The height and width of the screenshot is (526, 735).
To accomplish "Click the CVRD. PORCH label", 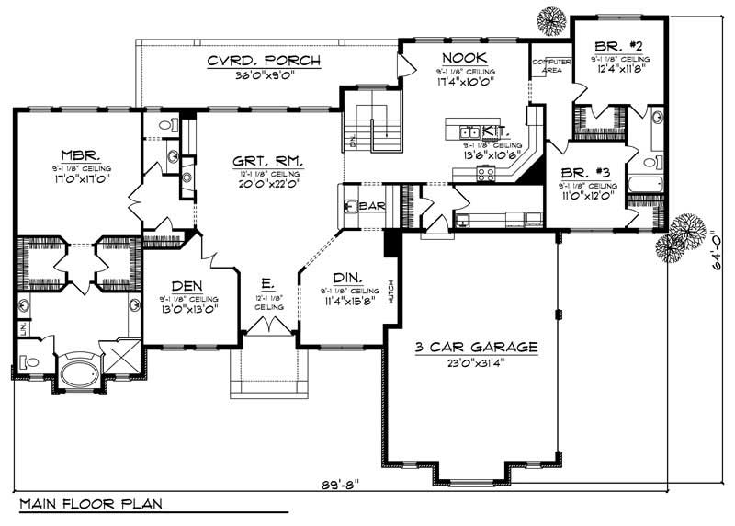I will [x=263, y=62].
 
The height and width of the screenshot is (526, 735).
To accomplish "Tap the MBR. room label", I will [x=74, y=154].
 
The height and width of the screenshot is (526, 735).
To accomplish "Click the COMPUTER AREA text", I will [x=551, y=63].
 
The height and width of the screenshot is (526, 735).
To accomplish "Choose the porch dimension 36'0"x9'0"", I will [x=263, y=77].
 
